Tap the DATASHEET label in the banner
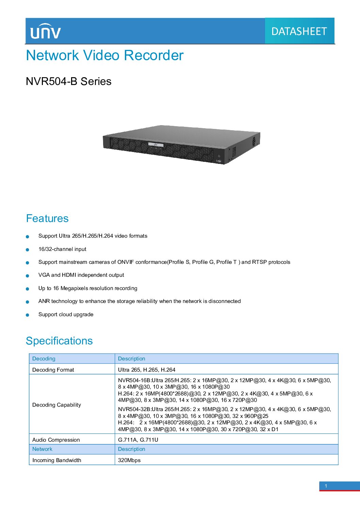point(299,31)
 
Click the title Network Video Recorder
point(104,55)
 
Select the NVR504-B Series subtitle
point(68,81)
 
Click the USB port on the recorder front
point(219,161)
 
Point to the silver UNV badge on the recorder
point(156,145)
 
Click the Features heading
point(47,218)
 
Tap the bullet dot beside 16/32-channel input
point(28,250)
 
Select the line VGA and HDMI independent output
point(81,275)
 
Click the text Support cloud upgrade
point(66,314)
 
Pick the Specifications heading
point(59,341)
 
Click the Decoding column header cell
point(72,359)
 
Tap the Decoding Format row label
point(53,370)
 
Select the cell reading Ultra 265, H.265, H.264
point(146,370)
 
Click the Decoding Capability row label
point(56,405)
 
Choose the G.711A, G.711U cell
point(138,440)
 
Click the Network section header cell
point(72,449)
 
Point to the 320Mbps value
point(129,460)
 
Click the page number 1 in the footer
point(326,486)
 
